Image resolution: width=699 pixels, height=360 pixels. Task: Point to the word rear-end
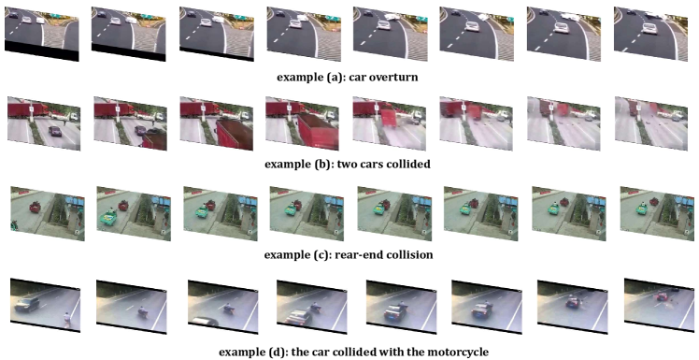(x=333, y=255)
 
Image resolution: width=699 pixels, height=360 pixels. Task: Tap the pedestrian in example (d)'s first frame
(x=67, y=319)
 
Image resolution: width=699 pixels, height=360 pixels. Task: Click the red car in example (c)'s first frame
(x=35, y=208)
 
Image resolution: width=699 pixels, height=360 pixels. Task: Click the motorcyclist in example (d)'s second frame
(x=143, y=311)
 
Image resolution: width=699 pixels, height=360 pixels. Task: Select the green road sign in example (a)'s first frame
(x=57, y=17)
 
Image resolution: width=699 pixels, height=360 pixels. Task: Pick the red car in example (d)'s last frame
(x=661, y=296)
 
